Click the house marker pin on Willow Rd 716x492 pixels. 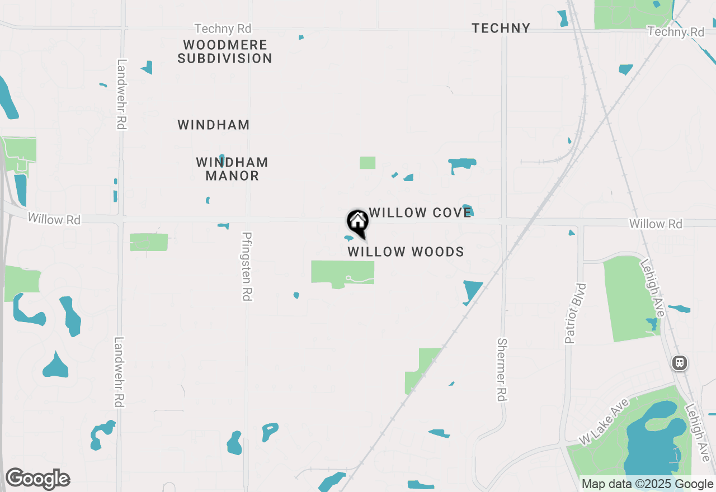[x=357, y=223]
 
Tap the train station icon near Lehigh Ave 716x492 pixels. [x=680, y=363]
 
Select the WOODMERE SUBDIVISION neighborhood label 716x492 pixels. [x=225, y=51]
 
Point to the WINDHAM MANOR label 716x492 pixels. [x=232, y=169]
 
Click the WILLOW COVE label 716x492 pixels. [x=421, y=212]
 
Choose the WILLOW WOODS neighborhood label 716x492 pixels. [x=406, y=252]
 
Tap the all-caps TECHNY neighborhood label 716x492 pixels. [x=501, y=28]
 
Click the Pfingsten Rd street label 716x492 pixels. [x=246, y=267]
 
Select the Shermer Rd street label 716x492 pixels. [x=502, y=370]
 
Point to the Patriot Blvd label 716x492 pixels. [x=575, y=313]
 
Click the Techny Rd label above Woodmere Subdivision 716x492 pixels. [x=223, y=29]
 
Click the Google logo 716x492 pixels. [x=37, y=479]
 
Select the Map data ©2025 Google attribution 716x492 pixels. [x=648, y=484]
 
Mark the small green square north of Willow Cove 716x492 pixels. [x=368, y=163]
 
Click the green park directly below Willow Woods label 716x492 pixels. [x=342, y=273]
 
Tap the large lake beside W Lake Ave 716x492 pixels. [x=654, y=442]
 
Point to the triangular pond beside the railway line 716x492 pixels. [x=472, y=291]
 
